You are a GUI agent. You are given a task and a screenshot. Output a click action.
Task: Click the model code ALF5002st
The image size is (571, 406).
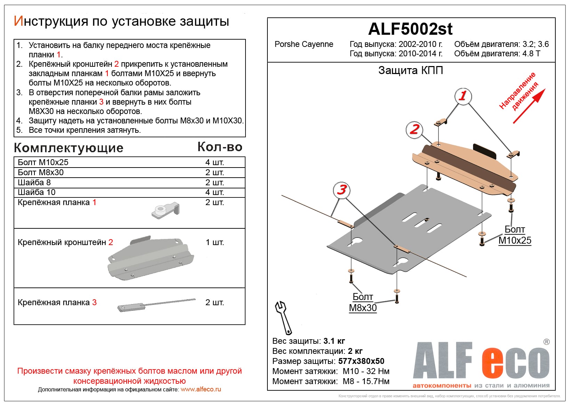tap(410, 29)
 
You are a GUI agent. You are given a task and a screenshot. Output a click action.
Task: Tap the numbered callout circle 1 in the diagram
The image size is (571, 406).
tap(463, 96)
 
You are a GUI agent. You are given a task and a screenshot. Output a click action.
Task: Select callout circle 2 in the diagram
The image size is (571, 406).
tap(414, 130)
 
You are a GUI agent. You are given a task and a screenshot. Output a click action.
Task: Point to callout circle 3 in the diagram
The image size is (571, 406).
tap(341, 190)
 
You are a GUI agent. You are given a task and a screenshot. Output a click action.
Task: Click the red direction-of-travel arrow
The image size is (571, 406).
tap(529, 106)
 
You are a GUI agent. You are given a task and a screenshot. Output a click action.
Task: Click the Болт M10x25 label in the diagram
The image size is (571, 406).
tap(515, 235)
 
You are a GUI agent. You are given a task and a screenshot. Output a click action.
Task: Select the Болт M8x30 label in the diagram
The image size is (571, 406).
tap(363, 302)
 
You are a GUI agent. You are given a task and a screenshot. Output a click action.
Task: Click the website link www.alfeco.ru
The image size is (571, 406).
tap(201, 389)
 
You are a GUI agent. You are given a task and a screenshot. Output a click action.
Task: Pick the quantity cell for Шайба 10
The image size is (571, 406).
tap(215, 192)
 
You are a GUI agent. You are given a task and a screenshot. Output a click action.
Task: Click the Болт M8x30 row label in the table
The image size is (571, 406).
tap(41, 172)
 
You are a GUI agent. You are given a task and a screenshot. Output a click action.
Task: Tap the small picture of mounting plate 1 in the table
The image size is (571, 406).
tap(166, 210)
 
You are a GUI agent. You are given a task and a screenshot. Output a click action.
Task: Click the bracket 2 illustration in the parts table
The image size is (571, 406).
tap(151, 258)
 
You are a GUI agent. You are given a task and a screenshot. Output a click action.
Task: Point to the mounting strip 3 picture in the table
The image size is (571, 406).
tap(156, 304)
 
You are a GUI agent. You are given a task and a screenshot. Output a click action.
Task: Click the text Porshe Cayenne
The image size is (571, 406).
tap(304, 44)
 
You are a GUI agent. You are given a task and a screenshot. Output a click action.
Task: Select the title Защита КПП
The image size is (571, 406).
tap(410, 71)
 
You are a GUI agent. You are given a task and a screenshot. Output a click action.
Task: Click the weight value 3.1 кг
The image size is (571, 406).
tap(334, 341)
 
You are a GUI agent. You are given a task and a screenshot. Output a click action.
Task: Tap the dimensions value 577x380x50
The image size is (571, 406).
tap(361, 361)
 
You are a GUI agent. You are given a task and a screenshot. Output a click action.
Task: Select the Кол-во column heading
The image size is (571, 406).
tap(220, 147)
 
